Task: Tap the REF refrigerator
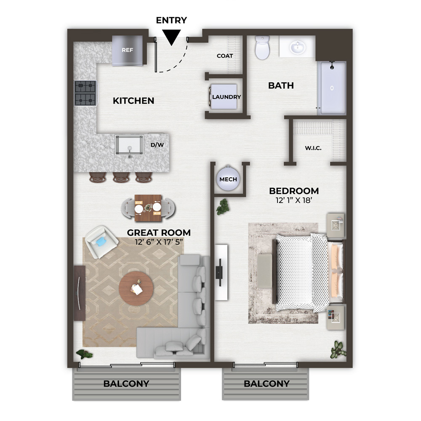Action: pyautogui.click(x=127, y=51)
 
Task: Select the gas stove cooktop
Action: pyautogui.click(x=85, y=93)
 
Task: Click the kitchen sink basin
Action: pyautogui.click(x=129, y=145)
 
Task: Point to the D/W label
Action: pyautogui.click(x=157, y=145)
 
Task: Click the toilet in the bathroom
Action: pyautogui.click(x=262, y=48)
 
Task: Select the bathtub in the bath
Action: pyautogui.click(x=332, y=88)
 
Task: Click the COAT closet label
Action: pyautogui.click(x=225, y=56)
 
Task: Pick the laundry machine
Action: pyautogui.click(x=224, y=97)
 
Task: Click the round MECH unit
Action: pyautogui.click(x=228, y=178)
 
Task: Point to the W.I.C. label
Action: pyautogui.click(x=313, y=148)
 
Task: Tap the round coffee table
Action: pyautogui.click(x=136, y=288)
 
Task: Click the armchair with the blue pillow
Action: pyautogui.click(x=101, y=242)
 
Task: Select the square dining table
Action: pyautogui.click(x=148, y=208)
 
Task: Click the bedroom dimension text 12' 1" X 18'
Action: pyautogui.click(x=294, y=200)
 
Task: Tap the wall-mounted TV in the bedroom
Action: pyautogui.click(x=219, y=272)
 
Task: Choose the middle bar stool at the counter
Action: pyautogui.click(x=121, y=177)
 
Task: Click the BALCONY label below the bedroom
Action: pyautogui.click(x=266, y=384)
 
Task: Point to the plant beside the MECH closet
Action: pyautogui.click(x=223, y=207)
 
